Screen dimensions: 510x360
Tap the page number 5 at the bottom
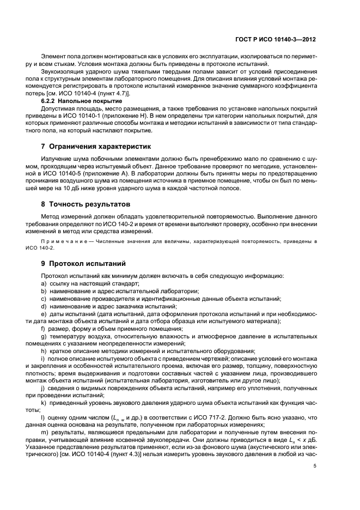tap(316, 465)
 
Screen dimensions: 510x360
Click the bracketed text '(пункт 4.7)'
tap(108, 94)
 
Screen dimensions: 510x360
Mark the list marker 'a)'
tap(44, 284)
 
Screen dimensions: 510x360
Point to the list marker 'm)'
tap(44, 433)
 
